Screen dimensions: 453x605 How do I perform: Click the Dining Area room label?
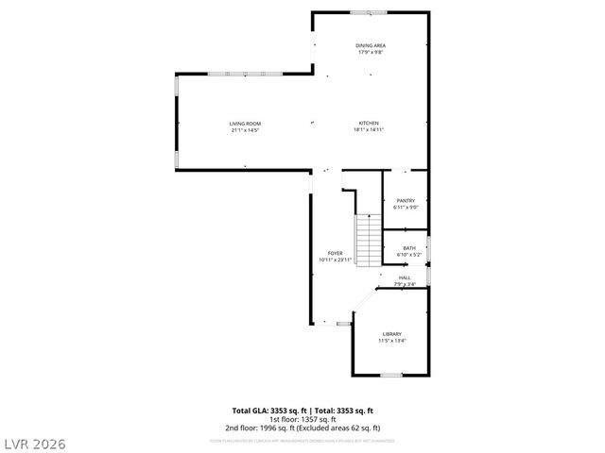[371, 45]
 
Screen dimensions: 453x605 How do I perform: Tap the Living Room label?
[245, 124]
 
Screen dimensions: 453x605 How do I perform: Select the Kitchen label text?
[369, 124]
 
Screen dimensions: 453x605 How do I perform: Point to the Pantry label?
[406, 200]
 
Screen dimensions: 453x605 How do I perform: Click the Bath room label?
[408, 248]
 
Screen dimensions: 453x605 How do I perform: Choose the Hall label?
[405, 277]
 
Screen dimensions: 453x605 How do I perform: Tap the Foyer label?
[335, 253]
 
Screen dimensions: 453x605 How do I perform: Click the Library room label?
[391, 334]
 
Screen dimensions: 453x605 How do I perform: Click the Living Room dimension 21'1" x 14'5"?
[245, 130]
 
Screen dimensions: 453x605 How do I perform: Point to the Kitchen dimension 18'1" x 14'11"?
[369, 130]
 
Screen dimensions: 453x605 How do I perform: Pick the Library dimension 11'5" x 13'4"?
[391, 341]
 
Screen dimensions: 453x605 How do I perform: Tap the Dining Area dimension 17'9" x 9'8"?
[371, 52]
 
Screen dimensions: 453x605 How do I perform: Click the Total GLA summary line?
[302, 411]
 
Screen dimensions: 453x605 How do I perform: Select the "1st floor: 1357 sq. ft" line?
[302, 419]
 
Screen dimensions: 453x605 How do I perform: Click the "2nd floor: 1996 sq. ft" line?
[302, 428]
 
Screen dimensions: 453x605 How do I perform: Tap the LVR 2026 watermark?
[36, 441]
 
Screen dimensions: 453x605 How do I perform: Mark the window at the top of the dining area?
[369, 12]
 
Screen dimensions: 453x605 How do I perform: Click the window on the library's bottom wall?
[390, 375]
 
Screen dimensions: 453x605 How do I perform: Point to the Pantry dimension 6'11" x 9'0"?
[406, 207]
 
